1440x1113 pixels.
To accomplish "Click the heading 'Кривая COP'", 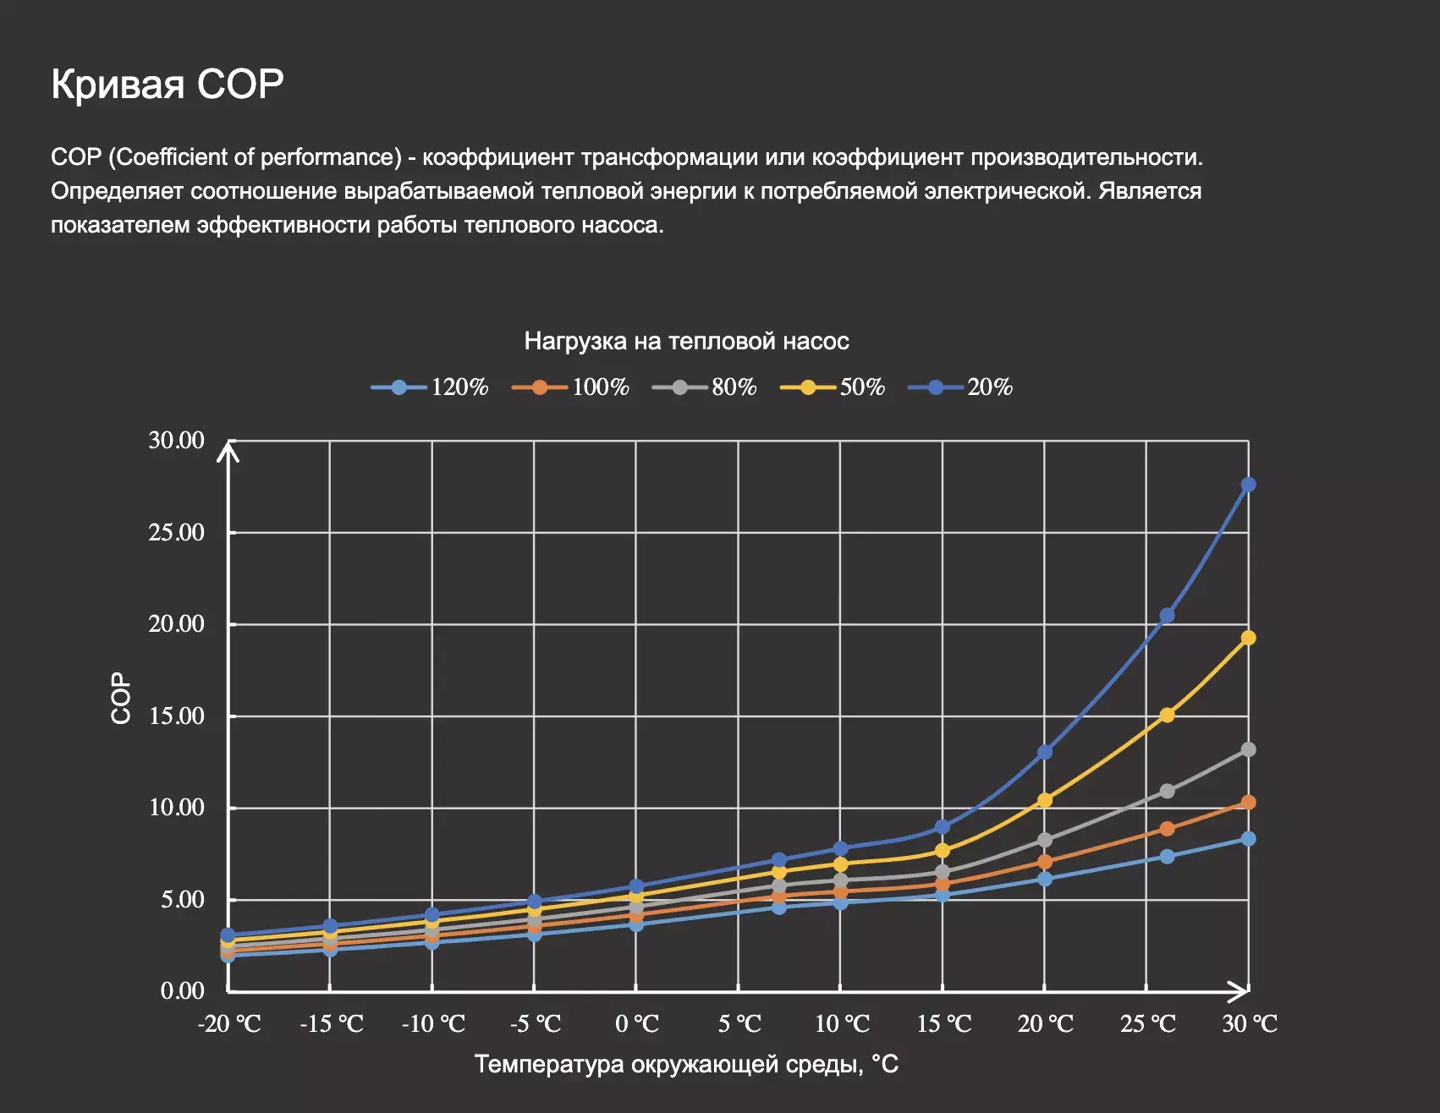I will [x=168, y=84].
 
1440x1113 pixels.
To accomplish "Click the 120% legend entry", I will [x=431, y=387].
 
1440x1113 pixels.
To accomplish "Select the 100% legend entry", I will [x=572, y=387].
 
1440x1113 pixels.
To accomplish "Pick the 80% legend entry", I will [x=706, y=387].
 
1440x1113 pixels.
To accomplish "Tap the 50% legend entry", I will [x=833, y=387].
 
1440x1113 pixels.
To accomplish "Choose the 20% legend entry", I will [x=961, y=387].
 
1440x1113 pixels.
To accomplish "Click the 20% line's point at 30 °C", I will [x=1248, y=485].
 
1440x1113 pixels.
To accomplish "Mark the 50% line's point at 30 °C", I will [x=1248, y=638].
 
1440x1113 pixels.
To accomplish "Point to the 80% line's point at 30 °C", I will [x=1248, y=749].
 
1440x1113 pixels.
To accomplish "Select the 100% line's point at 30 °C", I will [x=1248, y=803].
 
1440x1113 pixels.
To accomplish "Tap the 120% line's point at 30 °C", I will [x=1248, y=839].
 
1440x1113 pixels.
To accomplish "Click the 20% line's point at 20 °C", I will [x=1045, y=752].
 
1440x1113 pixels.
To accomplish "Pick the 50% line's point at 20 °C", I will [x=1045, y=800].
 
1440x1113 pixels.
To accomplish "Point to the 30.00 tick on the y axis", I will [x=177, y=441].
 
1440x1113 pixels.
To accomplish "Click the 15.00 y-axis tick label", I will [x=177, y=716].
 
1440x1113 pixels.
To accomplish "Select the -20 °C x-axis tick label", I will [x=229, y=1024].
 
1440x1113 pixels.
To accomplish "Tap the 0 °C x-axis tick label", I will [x=637, y=1024].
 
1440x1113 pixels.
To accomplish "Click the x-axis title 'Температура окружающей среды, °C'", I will [x=686, y=1064].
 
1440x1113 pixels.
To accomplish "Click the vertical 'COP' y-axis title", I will [x=121, y=699].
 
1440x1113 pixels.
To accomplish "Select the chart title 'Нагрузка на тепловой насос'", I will [x=686, y=341].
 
